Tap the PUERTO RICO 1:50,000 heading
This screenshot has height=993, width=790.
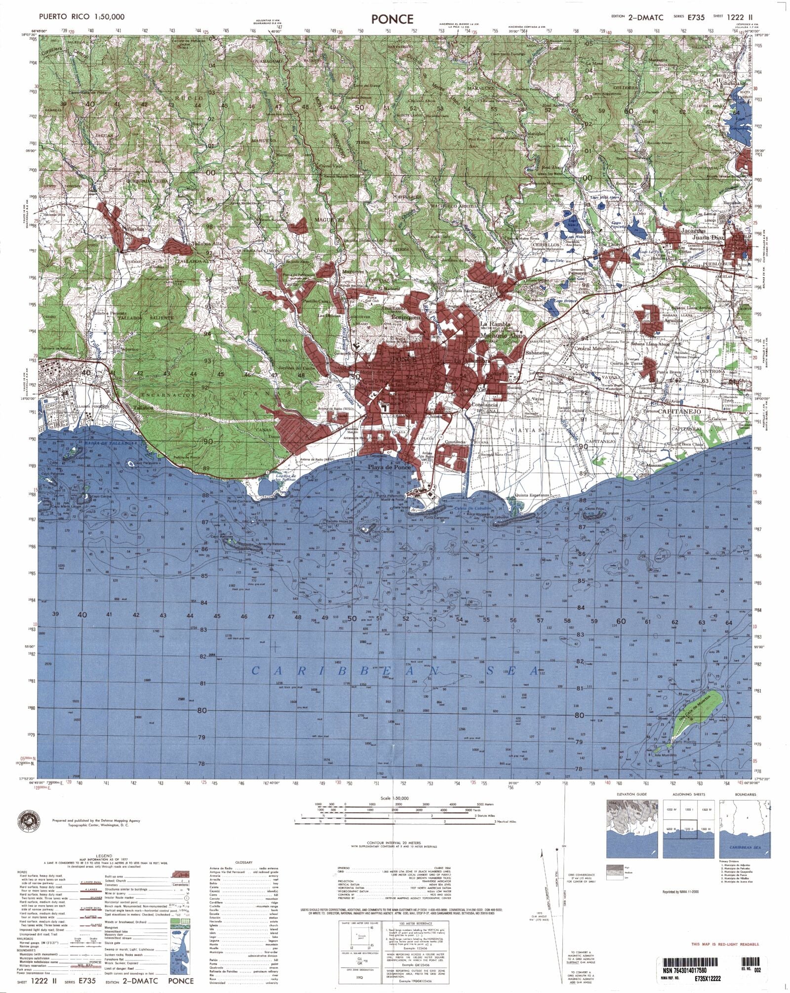81,17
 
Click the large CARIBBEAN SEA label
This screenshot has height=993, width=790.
395,671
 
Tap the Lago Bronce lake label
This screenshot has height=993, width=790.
565,301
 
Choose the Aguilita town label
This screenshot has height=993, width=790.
673,320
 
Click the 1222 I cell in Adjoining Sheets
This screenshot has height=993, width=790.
689,810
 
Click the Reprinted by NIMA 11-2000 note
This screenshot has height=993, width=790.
681,892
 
